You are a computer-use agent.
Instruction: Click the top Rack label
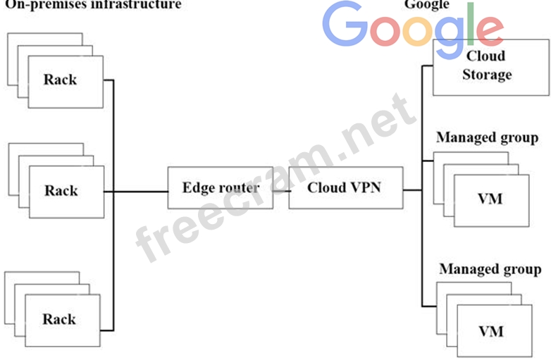[x=60, y=79]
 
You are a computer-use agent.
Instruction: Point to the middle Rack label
[x=61, y=190]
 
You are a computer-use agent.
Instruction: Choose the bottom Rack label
[x=59, y=319]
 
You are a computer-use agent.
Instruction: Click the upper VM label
[x=490, y=199]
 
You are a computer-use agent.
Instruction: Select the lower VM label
[x=491, y=330]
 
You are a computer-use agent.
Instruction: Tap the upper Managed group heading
[x=487, y=137]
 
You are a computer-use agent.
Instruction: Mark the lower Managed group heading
[x=490, y=269]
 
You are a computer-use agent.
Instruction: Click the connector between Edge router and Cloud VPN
[x=281, y=190]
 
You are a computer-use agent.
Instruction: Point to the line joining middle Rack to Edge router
[x=140, y=191]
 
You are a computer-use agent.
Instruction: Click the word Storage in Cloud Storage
[x=487, y=74]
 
